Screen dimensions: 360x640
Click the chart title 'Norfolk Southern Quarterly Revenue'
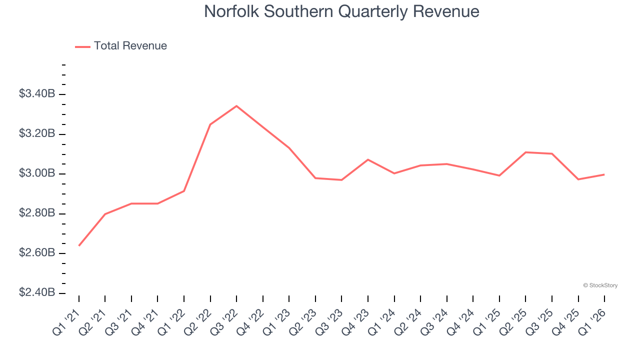pyautogui.click(x=341, y=11)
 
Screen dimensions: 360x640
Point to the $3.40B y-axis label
pyautogui.click(x=36, y=94)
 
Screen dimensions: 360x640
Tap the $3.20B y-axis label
pyautogui.click(x=36, y=134)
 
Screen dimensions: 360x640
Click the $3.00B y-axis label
pyautogui.click(x=36, y=173)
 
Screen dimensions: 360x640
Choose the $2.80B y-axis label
pyautogui.click(x=36, y=213)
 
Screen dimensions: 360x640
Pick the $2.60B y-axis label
pyautogui.click(x=36, y=253)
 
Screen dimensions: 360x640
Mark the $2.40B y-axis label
pyautogui.click(x=36, y=292)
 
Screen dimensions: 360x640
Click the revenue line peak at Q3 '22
pyautogui.click(x=236, y=106)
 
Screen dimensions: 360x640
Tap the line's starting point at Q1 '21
pyautogui.click(x=79, y=245)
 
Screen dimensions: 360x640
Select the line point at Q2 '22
pyautogui.click(x=210, y=124)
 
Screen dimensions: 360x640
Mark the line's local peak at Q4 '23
pyautogui.click(x=368, y=159)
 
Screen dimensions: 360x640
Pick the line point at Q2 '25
pyautogui.click(x=525, y=152)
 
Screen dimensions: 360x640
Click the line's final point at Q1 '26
pyautogui.click(x=604, y=174)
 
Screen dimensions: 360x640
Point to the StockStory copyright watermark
pyautogui.click(x=600, y=285)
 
